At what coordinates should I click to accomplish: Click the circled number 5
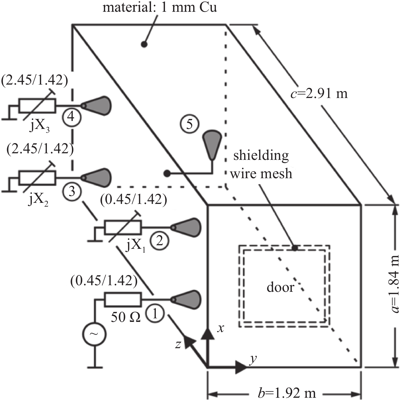pyautogui.click(x=189, y=124)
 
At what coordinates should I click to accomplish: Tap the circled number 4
pyautogui.click(x=71, y=117)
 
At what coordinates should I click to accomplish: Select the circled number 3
pyautogui.click(x=72, y=191)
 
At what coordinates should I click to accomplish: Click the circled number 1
pyautogui.click(x=155, y=314)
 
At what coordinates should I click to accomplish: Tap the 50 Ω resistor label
pyautogui.click(x=126, y=318)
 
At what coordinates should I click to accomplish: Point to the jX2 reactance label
pyautogui.click(x=38, y=200)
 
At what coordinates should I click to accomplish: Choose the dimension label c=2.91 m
pyautogui.click(x=319, y=93)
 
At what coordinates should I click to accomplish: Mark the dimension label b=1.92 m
pyautogui.click(x=287, y=393)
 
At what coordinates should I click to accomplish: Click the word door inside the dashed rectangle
pyautogui.click(x=280, y=287)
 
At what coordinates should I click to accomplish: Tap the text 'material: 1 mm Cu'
pyautogui.click(x=160, y=7)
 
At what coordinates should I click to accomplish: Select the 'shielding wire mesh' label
pyautogui.click(x=261, y=165)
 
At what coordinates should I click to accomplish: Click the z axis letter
pyautogui.click(x=178, y=344)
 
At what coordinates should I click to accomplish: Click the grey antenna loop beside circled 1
pyautogui.click(x=186, y=299)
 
